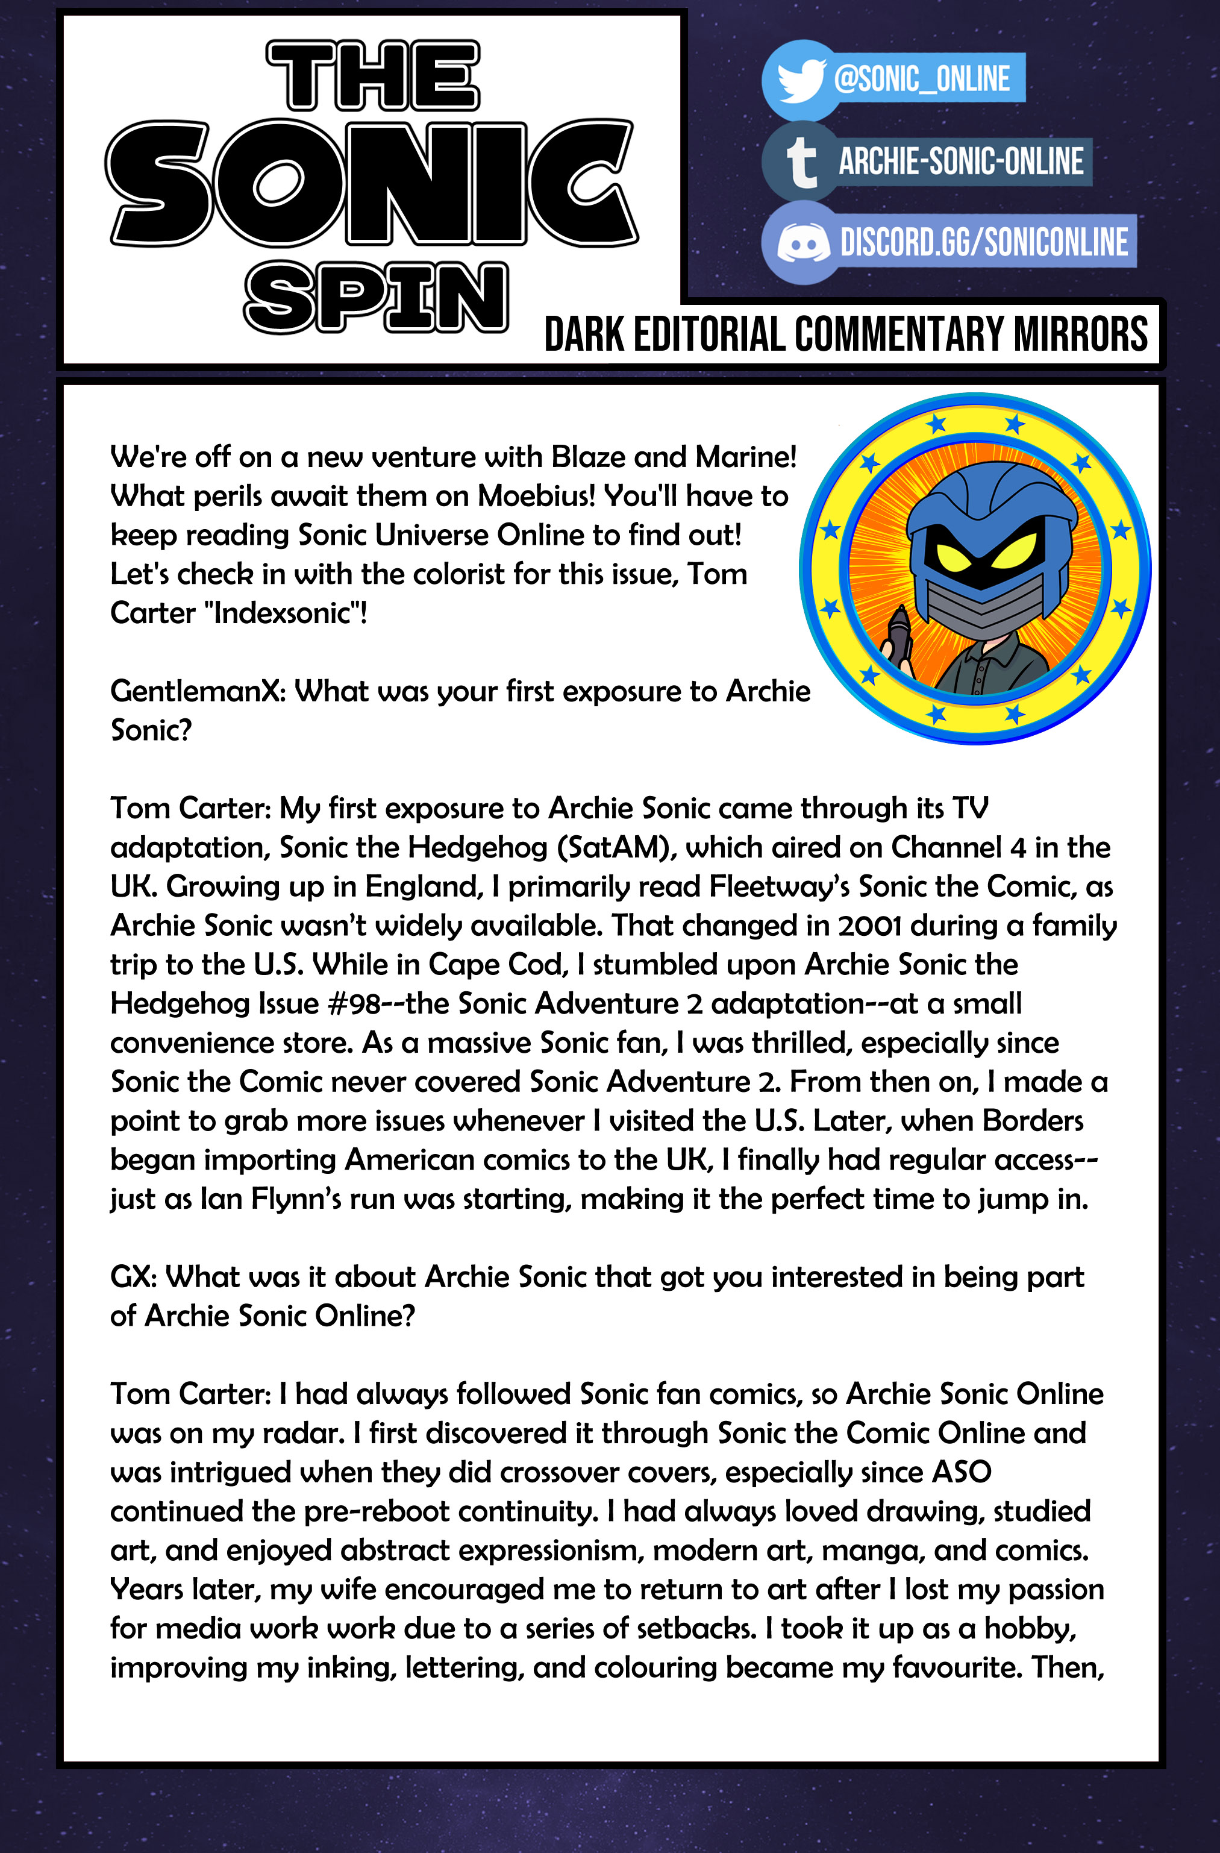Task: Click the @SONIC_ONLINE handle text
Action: pos(921,78)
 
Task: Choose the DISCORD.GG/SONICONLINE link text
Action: pos(983,242)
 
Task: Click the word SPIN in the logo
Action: pos(376,298)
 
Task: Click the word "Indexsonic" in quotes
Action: pos(284,613)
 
